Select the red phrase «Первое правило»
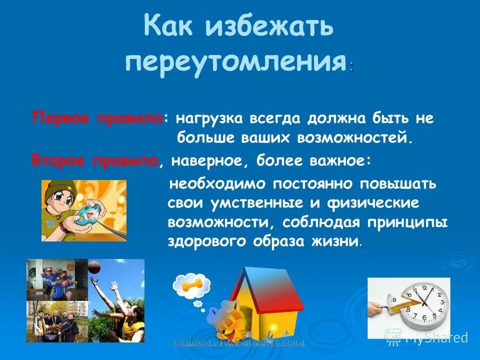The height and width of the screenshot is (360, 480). pyautogui.click(x=97, y=118)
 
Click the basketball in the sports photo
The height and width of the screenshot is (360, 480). pyautogui.click(x=94, y=268)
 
